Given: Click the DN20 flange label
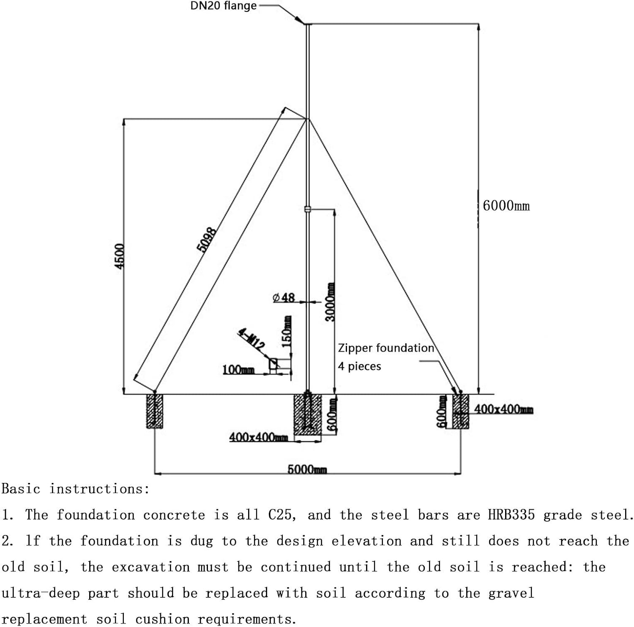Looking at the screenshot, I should [x=224, y=6].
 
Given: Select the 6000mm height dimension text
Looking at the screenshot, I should [x=506, y=206].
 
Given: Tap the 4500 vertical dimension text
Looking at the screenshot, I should [x=120, y=256].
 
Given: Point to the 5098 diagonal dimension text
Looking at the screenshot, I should [x=207, y=239].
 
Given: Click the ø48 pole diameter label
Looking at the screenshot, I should [x=284, y=297].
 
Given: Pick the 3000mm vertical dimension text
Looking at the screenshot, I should [x=331, y=302].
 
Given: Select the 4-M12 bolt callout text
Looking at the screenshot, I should [x=251, y=339].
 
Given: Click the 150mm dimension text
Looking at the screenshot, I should [x=287, y=331].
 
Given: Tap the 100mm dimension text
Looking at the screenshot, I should [x=238, y=370].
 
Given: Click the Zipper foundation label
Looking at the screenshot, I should [x=385, y=348].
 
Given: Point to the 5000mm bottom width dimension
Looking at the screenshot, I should [x=307, y=469].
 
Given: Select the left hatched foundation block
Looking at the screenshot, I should [x=155, y=411].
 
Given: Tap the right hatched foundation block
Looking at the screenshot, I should [x=461, y=412].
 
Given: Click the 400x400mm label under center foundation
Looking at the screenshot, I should [x=258, y=437].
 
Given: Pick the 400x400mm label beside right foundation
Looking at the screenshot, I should [x=503, y=409].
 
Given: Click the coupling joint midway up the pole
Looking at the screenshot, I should [x=308, y=209].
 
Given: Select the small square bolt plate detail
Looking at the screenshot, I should [x=273, y=363].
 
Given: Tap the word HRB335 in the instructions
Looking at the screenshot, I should [x=511, y=515].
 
